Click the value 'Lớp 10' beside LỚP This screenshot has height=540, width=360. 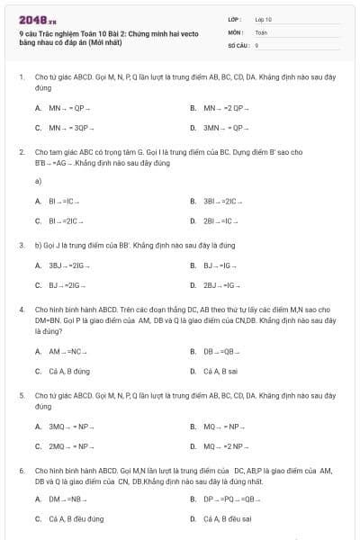pyautogui.click(x=263, y=19)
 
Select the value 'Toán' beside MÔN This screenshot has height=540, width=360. pyautogui.click(x=261, y=31)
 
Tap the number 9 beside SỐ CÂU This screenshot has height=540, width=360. pyautogui.click(x=256, y=44)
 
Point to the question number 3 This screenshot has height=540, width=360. pyautogui.click(x=22, y=245)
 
